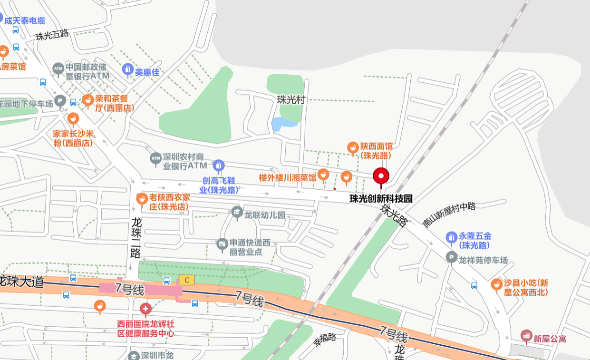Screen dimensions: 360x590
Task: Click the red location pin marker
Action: (x=381, y=176)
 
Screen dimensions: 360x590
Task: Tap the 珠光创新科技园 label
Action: (x=381, y=199)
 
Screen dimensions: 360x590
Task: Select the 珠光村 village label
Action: (x=291, y=99)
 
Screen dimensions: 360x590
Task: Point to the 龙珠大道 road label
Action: (x=22, y=281)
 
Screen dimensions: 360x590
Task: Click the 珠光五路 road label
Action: (x=52, y=35)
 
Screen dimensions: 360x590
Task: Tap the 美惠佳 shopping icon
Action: (x=127, y=70)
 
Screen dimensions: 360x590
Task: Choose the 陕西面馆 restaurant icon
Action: (x=352, y=148)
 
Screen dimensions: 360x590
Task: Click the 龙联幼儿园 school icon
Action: (x=237, y=212)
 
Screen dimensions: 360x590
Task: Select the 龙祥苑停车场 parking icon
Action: (x=451, y=257)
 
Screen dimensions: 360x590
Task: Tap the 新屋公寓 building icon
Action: (x=526, y=336)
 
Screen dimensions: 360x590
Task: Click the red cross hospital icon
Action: (x=145, y=309)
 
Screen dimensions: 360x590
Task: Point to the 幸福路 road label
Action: (x=324, y=339)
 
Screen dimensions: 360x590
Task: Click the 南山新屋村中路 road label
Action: (x=449, y=214)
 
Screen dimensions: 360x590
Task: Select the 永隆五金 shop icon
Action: (x=452, y=237)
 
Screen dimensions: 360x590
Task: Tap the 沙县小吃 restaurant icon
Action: (x=497, y=284)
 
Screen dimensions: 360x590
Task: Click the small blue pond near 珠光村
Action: (x=284, y=124)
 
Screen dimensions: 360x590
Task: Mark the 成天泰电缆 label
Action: (x=25, y=20)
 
